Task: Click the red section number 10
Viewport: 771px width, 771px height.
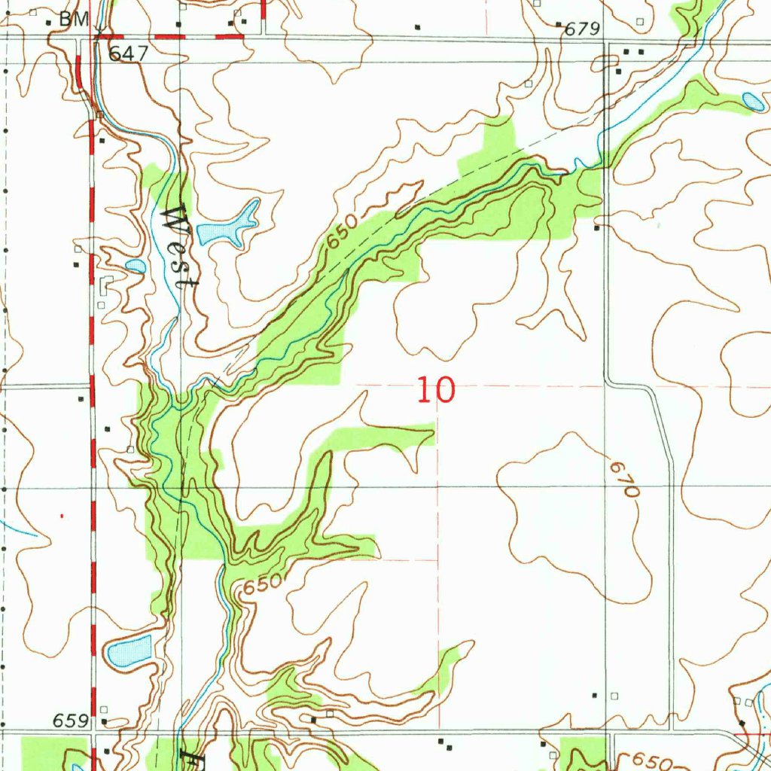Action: click(436, 391)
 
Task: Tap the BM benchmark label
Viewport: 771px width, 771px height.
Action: click(74, 20)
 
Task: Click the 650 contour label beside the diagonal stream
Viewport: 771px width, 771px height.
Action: click(340, 239)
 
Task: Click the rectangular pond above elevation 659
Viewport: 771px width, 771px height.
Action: click(129, 651)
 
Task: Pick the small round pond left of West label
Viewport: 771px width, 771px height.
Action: click(136, 265)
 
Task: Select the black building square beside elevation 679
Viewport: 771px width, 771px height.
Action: click(559, 25)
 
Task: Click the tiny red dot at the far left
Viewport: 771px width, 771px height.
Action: click(62, 516)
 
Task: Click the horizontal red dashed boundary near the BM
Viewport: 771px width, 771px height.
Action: click(173, 35)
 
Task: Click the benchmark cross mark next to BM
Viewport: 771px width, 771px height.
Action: click(99, 30)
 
